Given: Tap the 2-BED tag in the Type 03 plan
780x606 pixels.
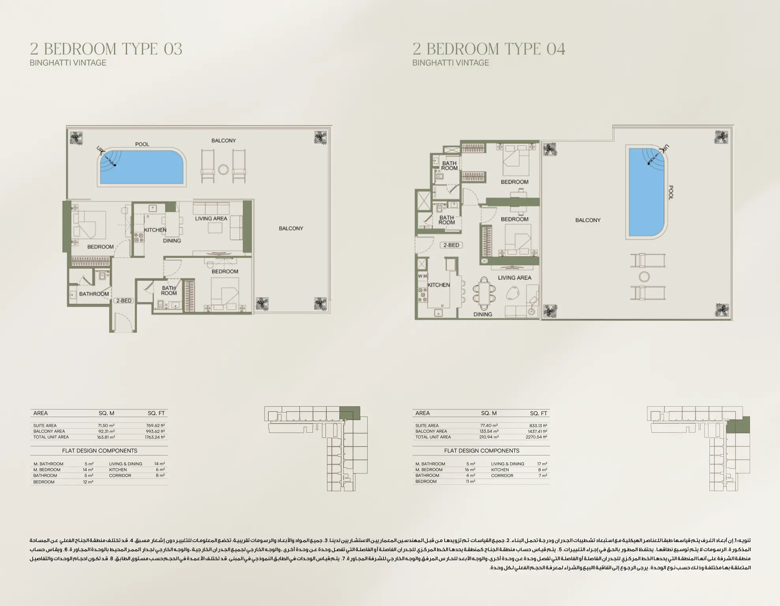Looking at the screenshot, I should click(124, 300).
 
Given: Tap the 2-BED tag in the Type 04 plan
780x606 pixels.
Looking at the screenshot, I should click(451, 245).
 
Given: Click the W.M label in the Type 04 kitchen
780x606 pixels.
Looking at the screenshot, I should click(422, 276).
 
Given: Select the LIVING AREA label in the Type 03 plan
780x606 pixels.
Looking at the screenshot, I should click(211, 218).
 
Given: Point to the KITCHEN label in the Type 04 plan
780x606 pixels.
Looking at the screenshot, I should click(438, 285).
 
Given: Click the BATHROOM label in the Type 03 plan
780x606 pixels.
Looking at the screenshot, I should click(94, 294).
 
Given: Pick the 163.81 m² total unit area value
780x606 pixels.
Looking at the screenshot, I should click(106, 437).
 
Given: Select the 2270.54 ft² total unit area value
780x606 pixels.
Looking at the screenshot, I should click(536, 437).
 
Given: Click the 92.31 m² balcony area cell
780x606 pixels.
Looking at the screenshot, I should click(106, 431).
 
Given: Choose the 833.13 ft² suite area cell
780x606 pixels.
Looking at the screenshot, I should click(538, 426).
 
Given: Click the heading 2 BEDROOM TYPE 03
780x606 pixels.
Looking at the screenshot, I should click(106, 49).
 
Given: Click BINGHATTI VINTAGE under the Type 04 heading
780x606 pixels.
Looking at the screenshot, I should click(451, 63).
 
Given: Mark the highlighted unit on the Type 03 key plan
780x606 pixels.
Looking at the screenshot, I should click(350, 413).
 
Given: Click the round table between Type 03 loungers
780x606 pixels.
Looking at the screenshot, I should click(223, 170).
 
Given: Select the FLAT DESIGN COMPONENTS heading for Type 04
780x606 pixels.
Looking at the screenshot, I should click(481, 450).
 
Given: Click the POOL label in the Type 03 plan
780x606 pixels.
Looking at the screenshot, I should click(142, 144).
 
